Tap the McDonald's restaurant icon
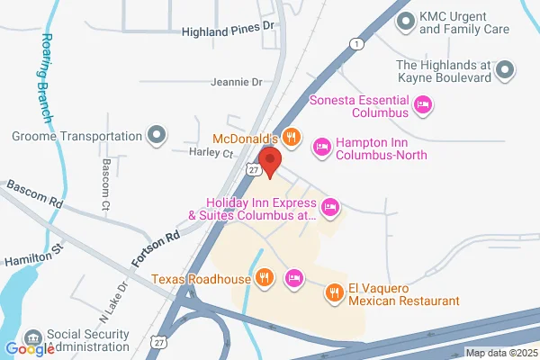click(x=290, y=138)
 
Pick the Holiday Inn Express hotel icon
click(x=331, y=209)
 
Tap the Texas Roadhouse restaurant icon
click(x=264, y=277)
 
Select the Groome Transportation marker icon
click(x=157, y=137)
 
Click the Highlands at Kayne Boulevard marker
click(x=506, y=69)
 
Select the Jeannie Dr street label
click(x=236, y=82)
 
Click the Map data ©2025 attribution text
click(x=500, y=353)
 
